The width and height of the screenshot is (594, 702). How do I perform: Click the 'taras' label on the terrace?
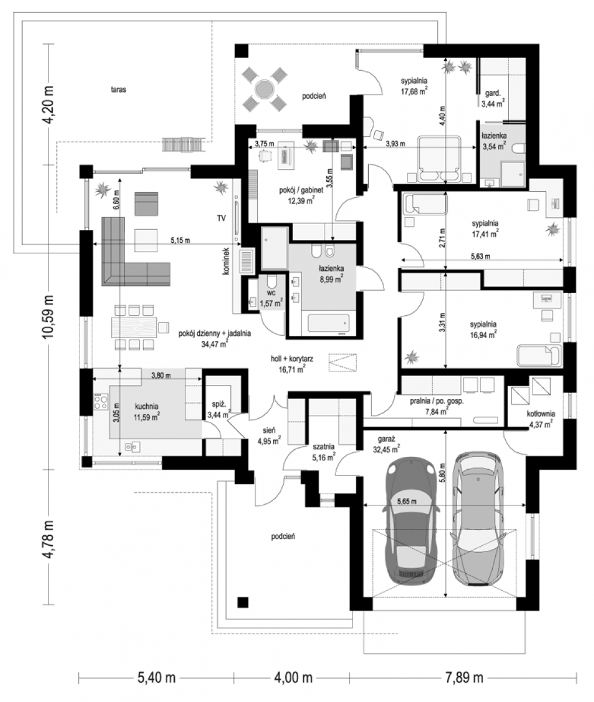[x=119, y=90]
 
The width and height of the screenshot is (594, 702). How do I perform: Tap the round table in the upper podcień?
[x=264, y=90]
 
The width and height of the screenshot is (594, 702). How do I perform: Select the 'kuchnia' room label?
[x=146, y=407]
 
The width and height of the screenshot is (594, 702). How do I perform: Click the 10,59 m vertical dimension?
[x=48, y=316]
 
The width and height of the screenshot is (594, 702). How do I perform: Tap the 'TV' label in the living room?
[x=222, y=218]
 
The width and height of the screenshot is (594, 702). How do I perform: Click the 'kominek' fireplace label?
[x=227, y=261]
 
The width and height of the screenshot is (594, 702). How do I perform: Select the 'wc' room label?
[x=271, y=292]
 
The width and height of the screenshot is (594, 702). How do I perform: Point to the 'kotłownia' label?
[x=541, y=414]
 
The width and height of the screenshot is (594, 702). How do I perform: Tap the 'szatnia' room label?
[x=323, y=446]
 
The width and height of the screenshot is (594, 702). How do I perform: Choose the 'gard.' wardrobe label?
[x=492, y=92]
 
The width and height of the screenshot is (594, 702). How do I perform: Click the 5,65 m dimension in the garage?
[x=407, y=501]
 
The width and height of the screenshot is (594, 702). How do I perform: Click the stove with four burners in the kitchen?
[x=101, y=401]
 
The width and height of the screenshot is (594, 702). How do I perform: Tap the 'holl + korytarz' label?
[x=292, y=359]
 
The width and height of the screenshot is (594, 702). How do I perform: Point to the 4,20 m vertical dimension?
[x=48, y=105]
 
